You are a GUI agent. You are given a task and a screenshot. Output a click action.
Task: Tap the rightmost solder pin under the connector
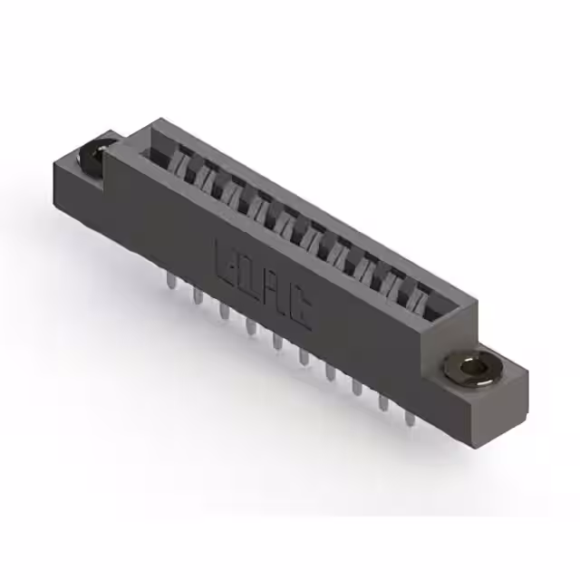pyautogui.click(x=410, y=418)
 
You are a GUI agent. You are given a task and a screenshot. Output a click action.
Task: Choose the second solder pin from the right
pyautogui.click(x=383, y=401)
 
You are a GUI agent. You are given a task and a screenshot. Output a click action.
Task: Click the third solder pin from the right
pyautogui.click(x=356, y=387)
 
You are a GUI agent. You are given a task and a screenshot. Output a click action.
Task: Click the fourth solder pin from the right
pyautogui.click(x=330, y=372)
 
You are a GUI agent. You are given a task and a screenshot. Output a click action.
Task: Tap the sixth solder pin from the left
pyautogui.click(x=304, y=356)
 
